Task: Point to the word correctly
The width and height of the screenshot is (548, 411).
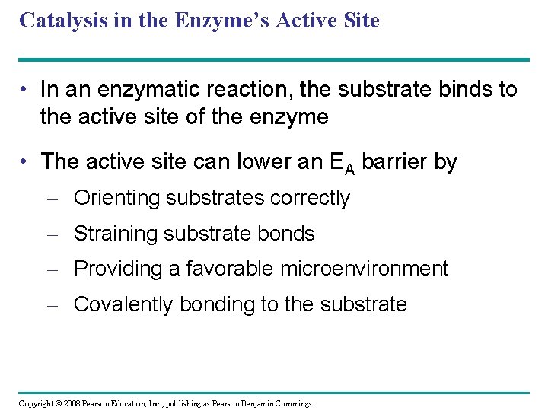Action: (309, 199)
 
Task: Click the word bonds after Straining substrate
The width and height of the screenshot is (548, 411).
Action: (287, 234)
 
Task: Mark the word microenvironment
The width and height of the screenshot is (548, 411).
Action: (365, 269)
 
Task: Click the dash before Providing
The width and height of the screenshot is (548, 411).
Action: (52, 269)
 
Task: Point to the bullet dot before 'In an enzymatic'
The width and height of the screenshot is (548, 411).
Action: (26, 91)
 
